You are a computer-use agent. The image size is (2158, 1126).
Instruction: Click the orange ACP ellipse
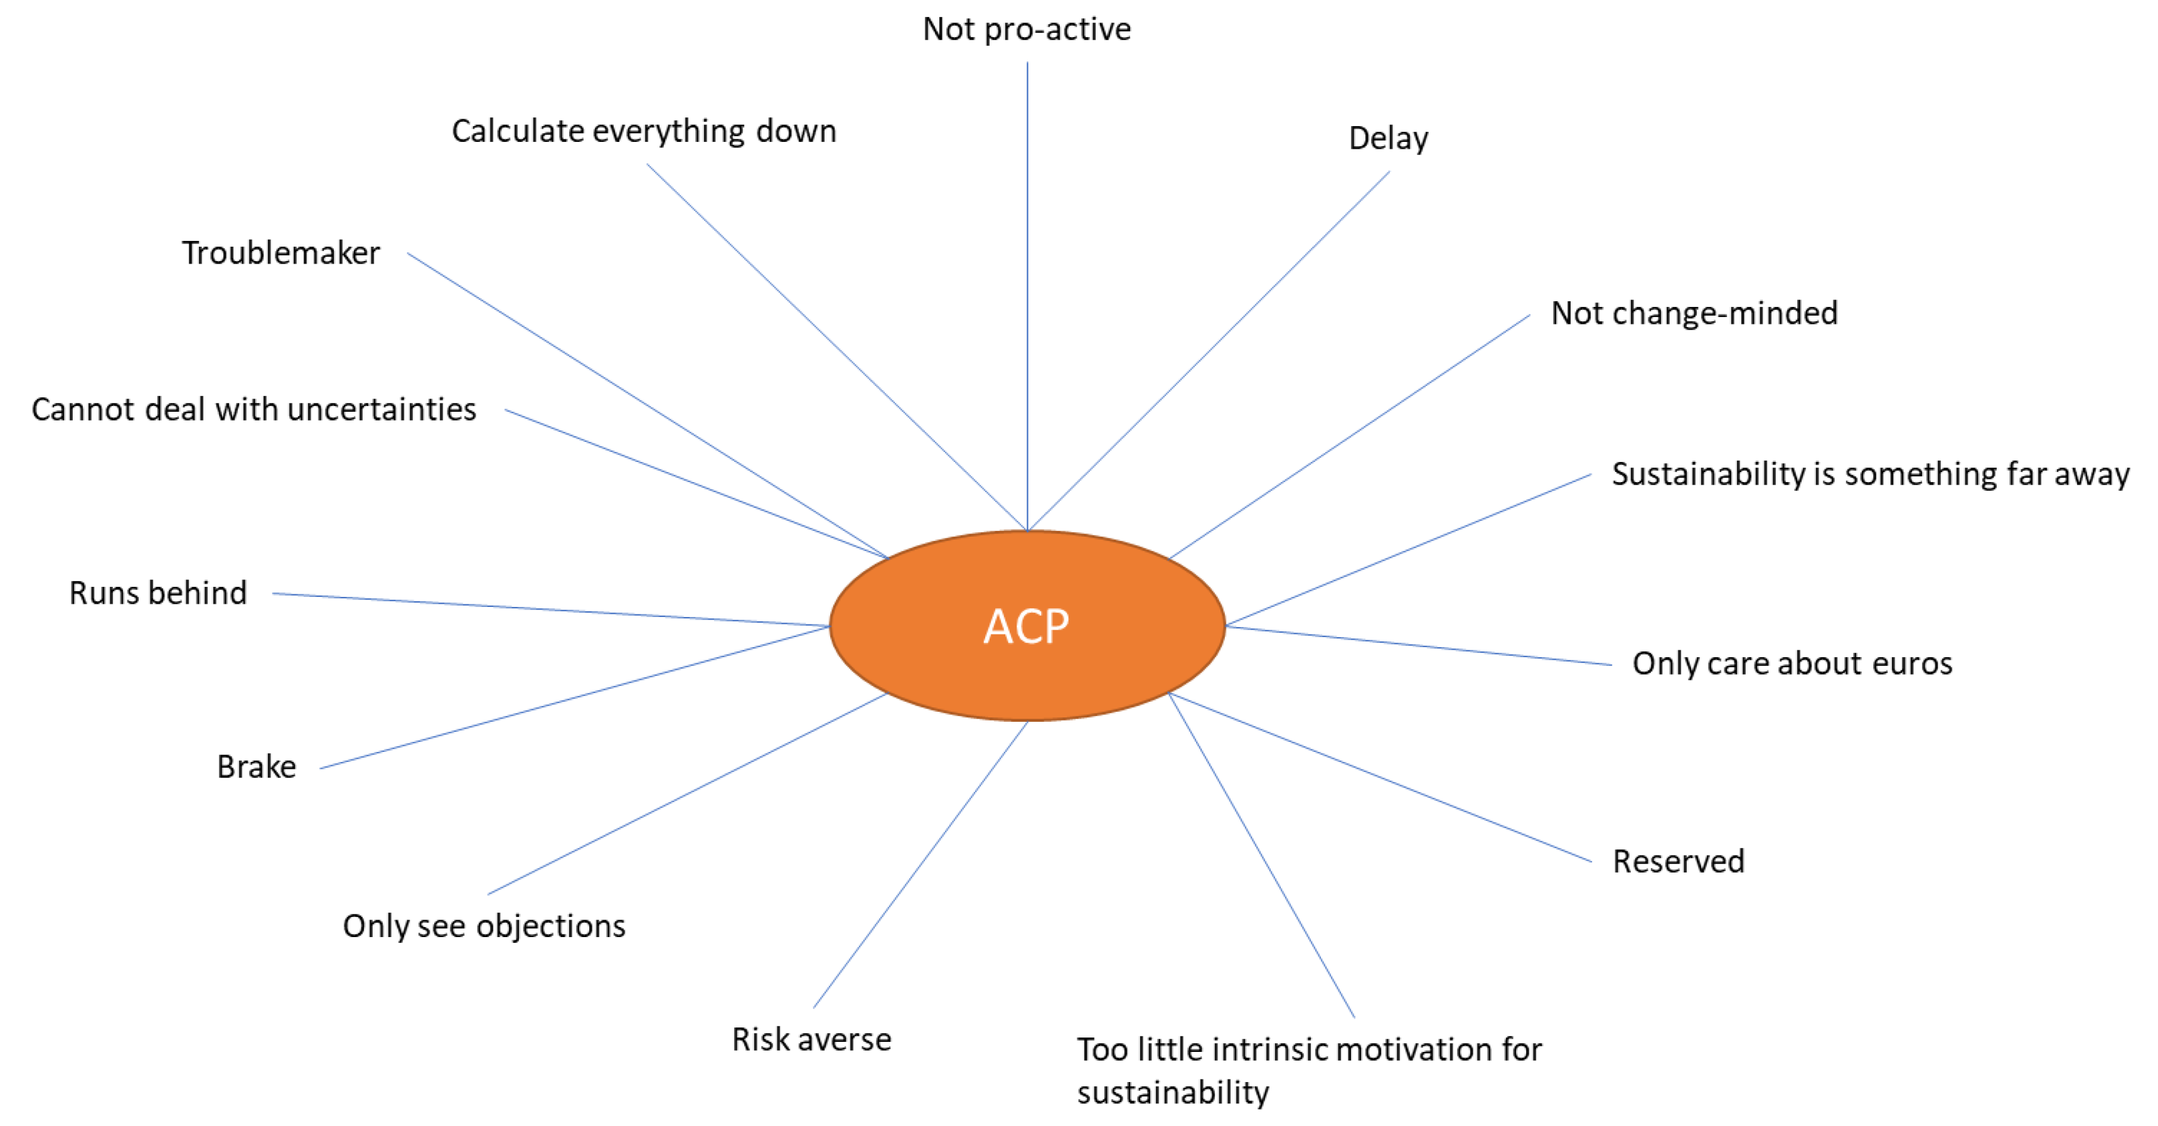(1027, 626)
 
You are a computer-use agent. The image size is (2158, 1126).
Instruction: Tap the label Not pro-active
(1027, 29)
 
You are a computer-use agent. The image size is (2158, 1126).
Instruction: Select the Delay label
(1388, 138)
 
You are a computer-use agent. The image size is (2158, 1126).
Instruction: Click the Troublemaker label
(280, 253)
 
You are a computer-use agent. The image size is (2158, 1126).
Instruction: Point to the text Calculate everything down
(643, 132)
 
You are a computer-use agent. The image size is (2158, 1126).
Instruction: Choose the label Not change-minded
(1694, 313)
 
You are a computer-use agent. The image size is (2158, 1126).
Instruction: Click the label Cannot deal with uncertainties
(254, 410)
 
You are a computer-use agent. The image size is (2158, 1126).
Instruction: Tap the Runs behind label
(158, 593)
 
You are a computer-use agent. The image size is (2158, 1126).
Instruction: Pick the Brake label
(257, 766)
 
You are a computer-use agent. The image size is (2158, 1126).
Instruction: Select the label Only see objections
(484, 926)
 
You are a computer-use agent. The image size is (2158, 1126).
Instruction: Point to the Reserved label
(1678, 861)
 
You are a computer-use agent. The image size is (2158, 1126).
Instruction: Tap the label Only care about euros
(1792, 663)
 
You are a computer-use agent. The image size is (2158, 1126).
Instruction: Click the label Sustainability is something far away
(1870, 475)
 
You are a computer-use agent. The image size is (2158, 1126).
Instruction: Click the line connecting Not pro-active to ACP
(1028, 293)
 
